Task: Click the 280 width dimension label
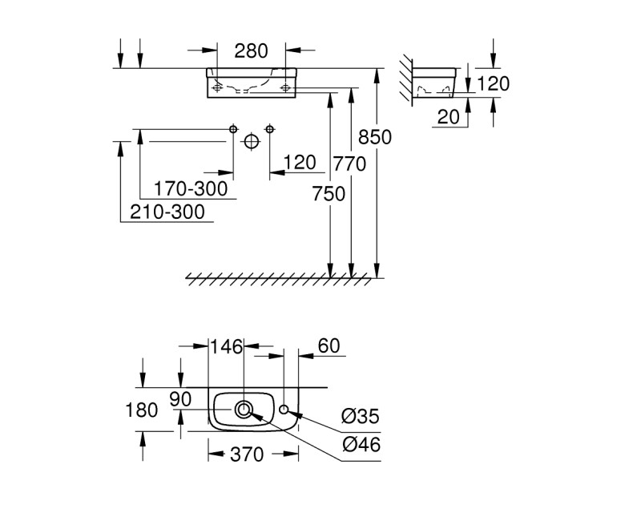[x=251, y=52]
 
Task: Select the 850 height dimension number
[x=374, y=137]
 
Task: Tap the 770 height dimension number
[x=349, y=164]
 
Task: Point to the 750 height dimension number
[x=329, y=193]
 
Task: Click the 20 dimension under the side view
[x=449, y=117]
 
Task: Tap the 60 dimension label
[x=329, y=346]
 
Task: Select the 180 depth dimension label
[x=143, y=410]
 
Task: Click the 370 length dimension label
[x=247, y=454]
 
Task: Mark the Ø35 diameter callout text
[x=360, y=417]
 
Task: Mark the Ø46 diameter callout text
[x=360, y=445]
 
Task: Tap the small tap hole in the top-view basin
[x=285, y=411]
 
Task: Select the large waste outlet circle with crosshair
[x=252, y=142]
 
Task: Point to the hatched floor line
[x=280, y=278]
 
